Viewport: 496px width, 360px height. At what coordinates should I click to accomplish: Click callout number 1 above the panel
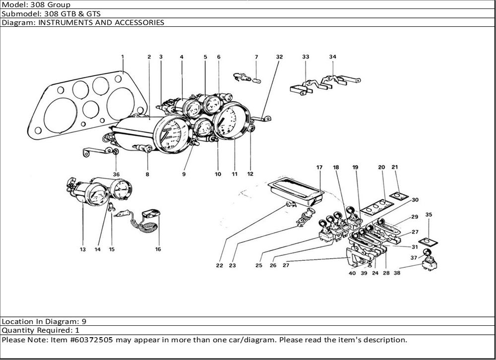coord(123,57)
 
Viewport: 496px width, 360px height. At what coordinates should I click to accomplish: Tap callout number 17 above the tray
coord(319,168)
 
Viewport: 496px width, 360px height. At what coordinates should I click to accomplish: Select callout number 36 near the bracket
coord(116,174)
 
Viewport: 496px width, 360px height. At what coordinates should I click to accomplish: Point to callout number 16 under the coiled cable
coord(158,249)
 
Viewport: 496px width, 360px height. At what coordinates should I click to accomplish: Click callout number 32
coord(279,57)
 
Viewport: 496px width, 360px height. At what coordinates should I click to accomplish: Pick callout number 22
coord(219,265)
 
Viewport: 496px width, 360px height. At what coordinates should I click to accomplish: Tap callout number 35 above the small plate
coord(429,215)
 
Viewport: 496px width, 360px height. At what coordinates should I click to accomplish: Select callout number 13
coord(82,249)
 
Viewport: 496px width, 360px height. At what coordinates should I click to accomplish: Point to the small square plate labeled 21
coord(398,196)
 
